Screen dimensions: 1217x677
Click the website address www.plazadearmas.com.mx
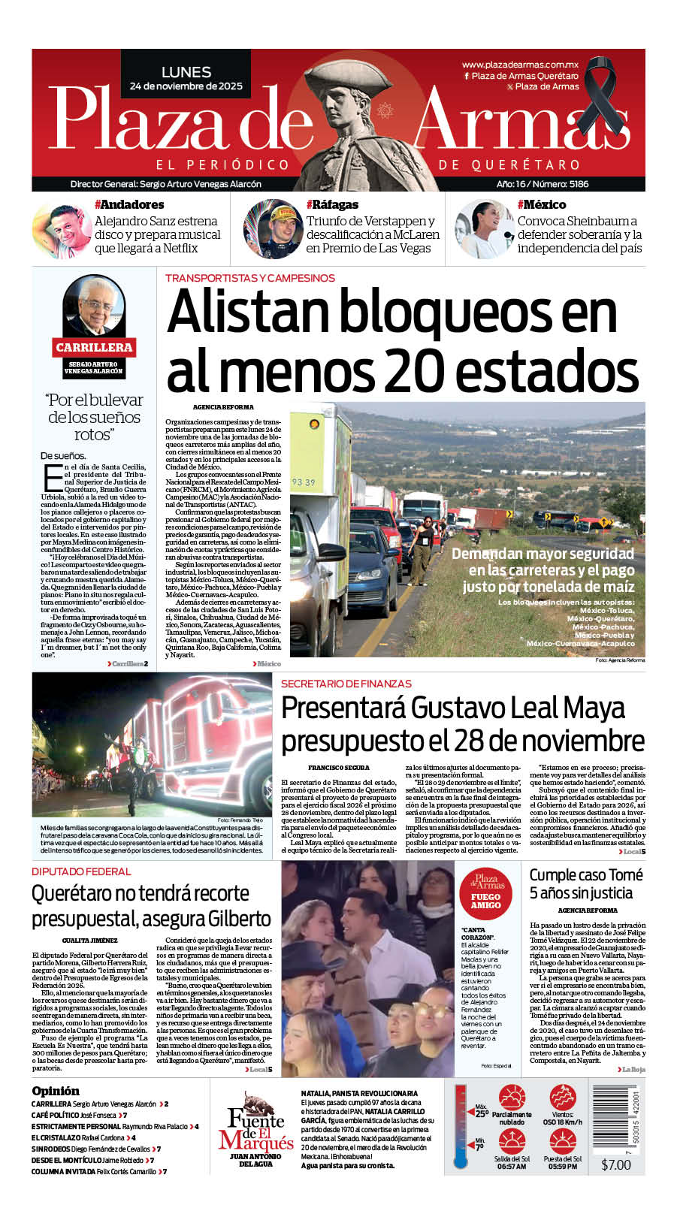[x=520, y=65]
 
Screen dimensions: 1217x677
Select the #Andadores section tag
[x=129, y=204]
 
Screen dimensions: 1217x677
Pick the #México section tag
[x=542, y=204]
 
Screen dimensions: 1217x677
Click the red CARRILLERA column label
[x=94, y=347]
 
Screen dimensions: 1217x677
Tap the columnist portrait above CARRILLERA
[x=94, y=307]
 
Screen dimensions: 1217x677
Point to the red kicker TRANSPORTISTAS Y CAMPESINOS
[x=250, y=278]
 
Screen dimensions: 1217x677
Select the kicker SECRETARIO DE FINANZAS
[x=346, y=684]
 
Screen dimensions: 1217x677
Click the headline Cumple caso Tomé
[x=586, y=875]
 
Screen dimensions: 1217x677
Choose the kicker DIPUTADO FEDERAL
[x=81, y=871]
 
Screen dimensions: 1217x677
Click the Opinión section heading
[x=56, y=1091]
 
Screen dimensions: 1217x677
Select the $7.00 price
[x=616, y=1164]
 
